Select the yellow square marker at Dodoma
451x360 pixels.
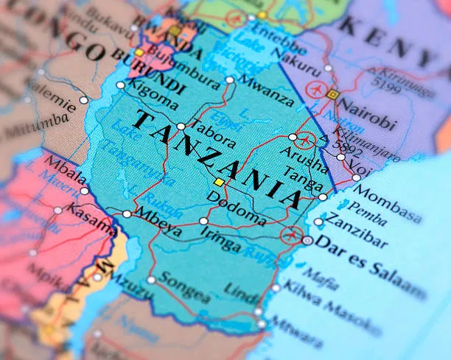pos(218,182)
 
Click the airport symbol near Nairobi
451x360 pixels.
pos(318,89)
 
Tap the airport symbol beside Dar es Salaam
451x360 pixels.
pos(290,236)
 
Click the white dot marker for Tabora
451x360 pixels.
pos(181,127)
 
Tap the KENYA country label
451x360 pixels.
pos(395,35)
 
